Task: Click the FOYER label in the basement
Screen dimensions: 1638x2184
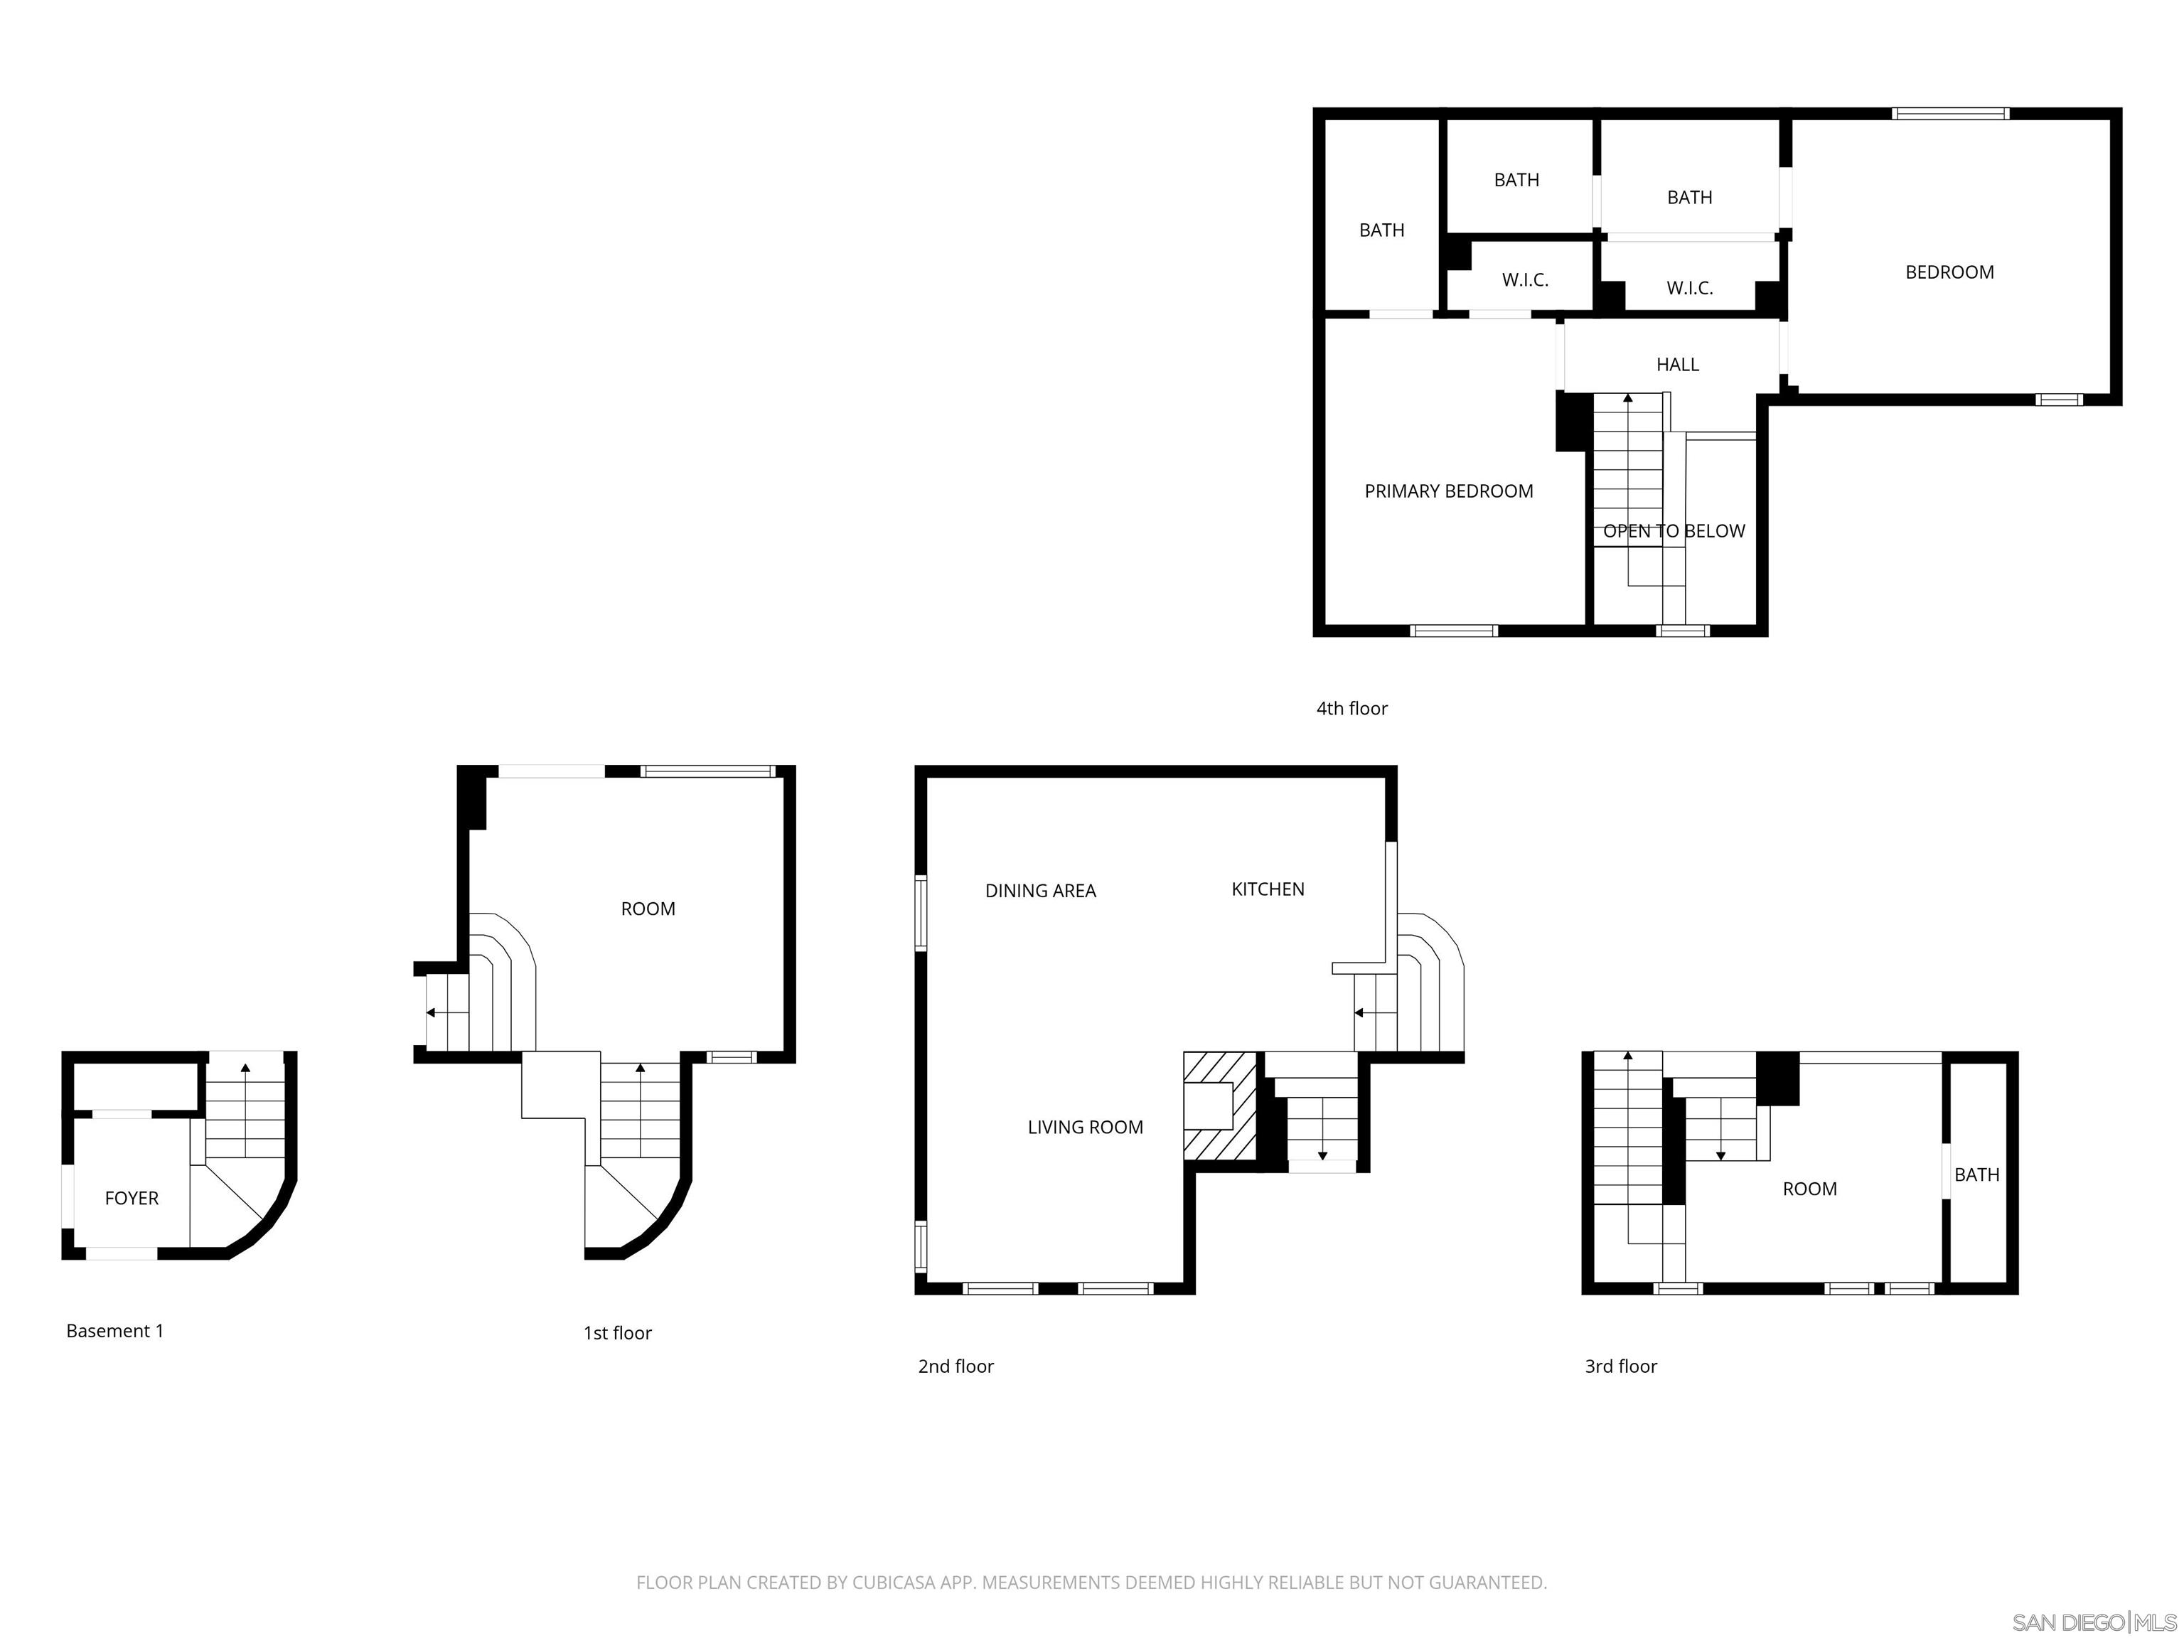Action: point(132,1198)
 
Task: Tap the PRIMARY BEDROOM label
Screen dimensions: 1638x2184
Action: point(1447,491)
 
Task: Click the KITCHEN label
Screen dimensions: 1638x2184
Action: point(1267,889)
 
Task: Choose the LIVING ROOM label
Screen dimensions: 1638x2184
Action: point(1084,1127)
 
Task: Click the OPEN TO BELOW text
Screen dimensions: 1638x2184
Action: point(1673,530)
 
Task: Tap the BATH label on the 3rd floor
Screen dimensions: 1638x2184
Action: point(1976,1174)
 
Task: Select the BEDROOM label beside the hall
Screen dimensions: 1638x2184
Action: point(1948,272)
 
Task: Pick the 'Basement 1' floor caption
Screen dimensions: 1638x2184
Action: point(114,1330)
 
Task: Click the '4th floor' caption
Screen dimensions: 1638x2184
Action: point(1351,708)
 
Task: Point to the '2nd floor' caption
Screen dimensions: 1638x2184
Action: point(955,1366)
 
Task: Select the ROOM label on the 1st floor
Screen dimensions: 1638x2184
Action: point(648,909)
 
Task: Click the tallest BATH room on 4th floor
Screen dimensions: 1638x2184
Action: point(1381,230)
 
